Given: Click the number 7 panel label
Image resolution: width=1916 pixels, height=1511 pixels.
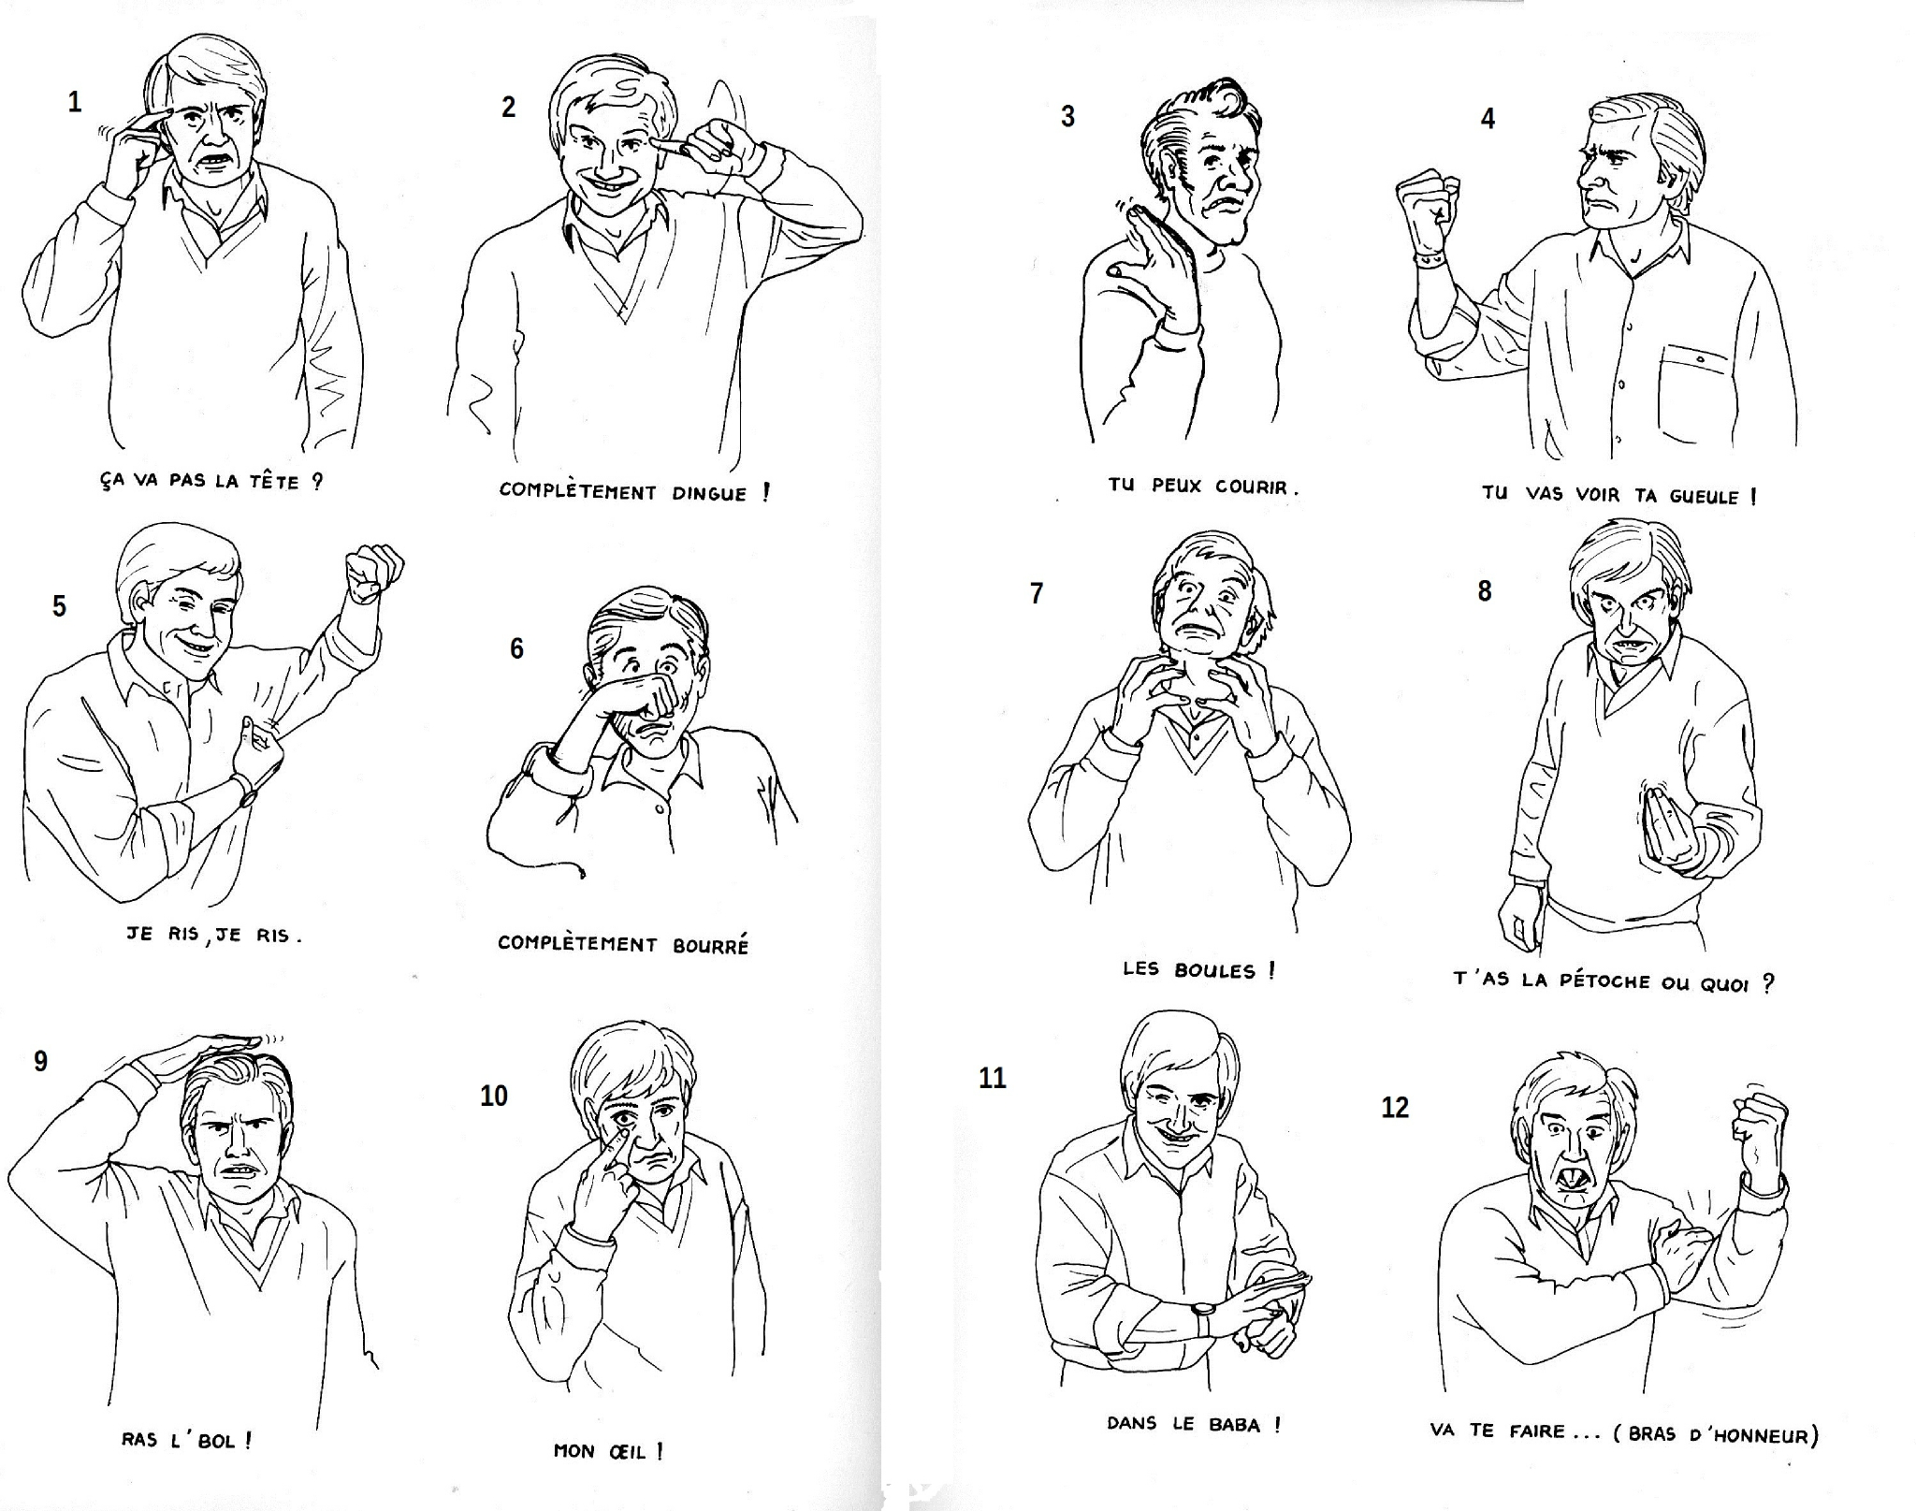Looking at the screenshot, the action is point(1036,593).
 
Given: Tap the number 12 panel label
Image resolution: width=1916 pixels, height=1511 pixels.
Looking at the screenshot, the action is point(1395,1108).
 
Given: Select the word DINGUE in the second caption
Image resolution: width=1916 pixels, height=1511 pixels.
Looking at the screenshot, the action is point(709,493).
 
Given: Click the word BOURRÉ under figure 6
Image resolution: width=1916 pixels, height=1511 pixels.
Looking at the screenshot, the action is point(711,945).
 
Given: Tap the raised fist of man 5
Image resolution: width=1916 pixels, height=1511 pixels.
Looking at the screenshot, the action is point(374,573).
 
